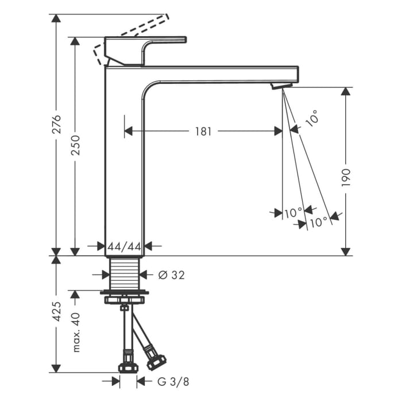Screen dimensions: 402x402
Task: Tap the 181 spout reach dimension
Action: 203,131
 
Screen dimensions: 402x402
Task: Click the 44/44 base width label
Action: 125,246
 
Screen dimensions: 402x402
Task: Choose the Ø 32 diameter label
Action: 171,275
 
